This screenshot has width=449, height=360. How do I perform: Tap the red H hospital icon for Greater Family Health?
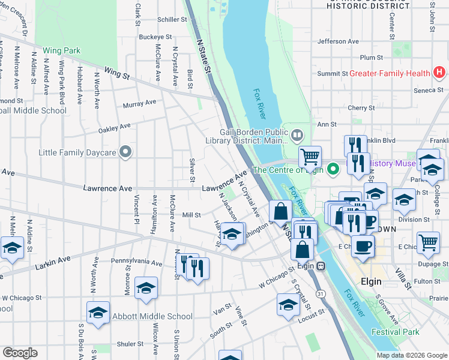pyautogui.click(x=439, y=73)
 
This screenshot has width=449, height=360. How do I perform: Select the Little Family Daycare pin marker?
pyautogui.click(x=125, y=152)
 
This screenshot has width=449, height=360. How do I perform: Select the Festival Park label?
pyautogui.click(x=395, y=332)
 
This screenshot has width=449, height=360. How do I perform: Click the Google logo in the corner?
pyautogui.click(x=20, y=353)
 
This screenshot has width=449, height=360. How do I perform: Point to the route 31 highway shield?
pyautogui.click(x=322, y=293)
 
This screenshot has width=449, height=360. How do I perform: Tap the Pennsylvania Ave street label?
pyautogui.click(x=137, y=262)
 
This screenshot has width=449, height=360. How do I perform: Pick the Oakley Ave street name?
pyautogui.click(x=114, y=127)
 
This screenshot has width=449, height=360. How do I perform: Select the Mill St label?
pyautogui.click(x=191, y=214)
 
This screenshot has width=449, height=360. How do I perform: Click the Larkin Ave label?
pyautogui.click(x=53, y=262)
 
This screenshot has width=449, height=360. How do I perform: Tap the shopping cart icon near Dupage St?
pyautogui.click(x=428, y=242)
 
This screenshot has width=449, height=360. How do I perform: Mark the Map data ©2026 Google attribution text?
pyautogui.click(x=412, y=355)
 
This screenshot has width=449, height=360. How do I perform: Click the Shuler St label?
pyautogui.click(x=131, y=344)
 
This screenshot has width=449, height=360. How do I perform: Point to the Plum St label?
pyautogui.click(x=372, y=58)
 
